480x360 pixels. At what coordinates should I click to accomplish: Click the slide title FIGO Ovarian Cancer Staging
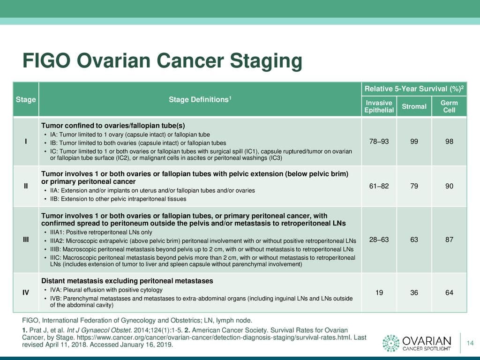point(162,61)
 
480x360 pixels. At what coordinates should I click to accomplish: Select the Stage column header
point(26,99)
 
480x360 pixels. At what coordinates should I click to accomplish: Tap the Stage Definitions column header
point(200,99)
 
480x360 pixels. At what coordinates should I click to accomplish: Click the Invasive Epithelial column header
point(379,106)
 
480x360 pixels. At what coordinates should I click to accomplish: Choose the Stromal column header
point(414,106)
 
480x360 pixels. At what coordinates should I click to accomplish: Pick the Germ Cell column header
point(449,106)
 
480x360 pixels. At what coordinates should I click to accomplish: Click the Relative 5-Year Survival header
point(414,89)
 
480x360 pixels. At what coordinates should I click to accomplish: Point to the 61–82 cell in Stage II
point(379,186)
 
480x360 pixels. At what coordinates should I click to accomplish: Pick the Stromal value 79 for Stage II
point(414,186)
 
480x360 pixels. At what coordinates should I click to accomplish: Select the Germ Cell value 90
point(449,186)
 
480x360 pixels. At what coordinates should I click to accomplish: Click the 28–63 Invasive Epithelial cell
point(379,240)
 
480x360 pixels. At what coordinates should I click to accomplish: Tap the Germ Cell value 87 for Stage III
point(449,240)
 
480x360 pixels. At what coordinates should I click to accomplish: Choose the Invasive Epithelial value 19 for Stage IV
point(379,292)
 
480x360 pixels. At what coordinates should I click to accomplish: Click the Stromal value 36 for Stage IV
point(414,292)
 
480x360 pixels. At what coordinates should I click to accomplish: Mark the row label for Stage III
point(26,240)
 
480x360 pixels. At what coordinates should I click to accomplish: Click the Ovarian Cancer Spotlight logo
point(417,343)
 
